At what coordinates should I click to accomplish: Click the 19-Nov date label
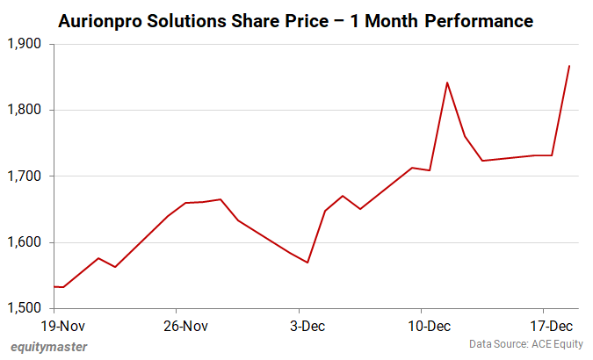point(54,326)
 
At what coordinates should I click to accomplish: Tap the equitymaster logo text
point(49,346)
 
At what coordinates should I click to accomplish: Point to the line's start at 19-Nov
point(55,286)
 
